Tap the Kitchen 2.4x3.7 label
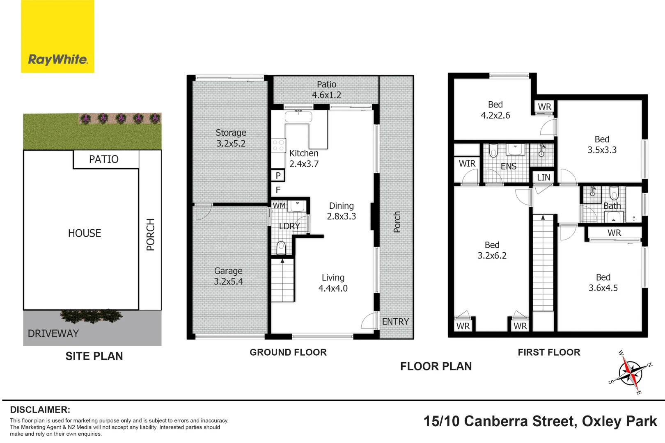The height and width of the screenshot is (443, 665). point(304,159)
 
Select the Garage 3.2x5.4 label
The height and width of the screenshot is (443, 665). point(228,276)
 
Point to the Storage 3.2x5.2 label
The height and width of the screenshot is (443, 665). point(231,138)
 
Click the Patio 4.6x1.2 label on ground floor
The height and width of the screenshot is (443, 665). point(326,89)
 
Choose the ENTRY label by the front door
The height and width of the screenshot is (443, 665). point(395,322)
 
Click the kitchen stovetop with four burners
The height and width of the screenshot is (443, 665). point(278,145)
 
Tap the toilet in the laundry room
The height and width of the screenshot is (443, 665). point(281,247)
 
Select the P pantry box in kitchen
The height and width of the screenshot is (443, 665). point(278,176)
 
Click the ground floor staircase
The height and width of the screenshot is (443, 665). point(282,281)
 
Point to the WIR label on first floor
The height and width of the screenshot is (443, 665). point(467,164)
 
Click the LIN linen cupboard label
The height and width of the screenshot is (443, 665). point(543,177)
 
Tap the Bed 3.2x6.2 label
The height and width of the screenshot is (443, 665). point(492,250)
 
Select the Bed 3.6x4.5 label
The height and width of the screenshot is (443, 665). point(603,283)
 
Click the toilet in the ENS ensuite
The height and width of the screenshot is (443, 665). point(493,151)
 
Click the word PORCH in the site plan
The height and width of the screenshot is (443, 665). point(151,235)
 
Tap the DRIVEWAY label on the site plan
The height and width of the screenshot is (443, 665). point(53,333)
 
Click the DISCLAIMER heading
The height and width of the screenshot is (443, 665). point(40,410)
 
